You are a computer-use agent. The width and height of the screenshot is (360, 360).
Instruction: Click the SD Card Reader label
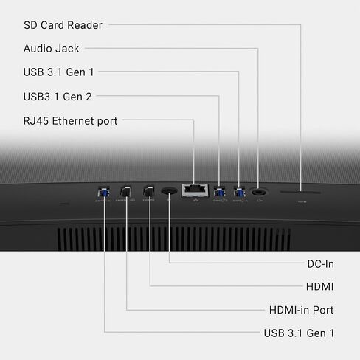point(63,25)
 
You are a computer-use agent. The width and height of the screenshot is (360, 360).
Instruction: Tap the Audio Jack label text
point(52,49)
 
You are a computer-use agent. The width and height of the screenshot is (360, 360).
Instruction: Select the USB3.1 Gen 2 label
point(58,97)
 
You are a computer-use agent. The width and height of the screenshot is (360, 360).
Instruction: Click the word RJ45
point(36,121)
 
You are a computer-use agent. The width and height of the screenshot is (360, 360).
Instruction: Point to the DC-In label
point(321,264)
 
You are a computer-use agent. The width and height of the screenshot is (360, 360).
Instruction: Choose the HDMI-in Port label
point(302,310)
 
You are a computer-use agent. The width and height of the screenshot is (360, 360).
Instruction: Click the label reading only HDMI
point(319,287)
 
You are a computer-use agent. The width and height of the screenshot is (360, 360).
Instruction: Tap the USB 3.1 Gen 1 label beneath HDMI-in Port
point(299,333)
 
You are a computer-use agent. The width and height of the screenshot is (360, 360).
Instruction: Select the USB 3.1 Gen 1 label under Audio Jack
point(59,72)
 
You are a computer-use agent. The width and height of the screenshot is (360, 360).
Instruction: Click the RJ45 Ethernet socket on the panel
point(195,190)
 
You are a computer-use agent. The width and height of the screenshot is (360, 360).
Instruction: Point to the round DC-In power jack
point(169,191)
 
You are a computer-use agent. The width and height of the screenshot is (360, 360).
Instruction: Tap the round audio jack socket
point(258,191)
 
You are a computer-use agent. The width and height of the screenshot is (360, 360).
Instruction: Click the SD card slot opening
point(300,192)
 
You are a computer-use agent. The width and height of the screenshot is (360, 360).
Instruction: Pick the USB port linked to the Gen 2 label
point(219,192)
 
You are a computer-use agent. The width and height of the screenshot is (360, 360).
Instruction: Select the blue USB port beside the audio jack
point(239,192)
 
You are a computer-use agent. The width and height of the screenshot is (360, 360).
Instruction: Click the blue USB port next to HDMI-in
point(103,192)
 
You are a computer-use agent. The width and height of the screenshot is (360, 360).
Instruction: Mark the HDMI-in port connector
point(126,191)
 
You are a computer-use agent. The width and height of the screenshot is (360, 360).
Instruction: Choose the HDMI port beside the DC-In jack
point(148,191)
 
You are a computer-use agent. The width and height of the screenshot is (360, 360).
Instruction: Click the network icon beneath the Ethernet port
point(195,201)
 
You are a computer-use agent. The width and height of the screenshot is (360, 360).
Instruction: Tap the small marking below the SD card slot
point(302,201)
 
